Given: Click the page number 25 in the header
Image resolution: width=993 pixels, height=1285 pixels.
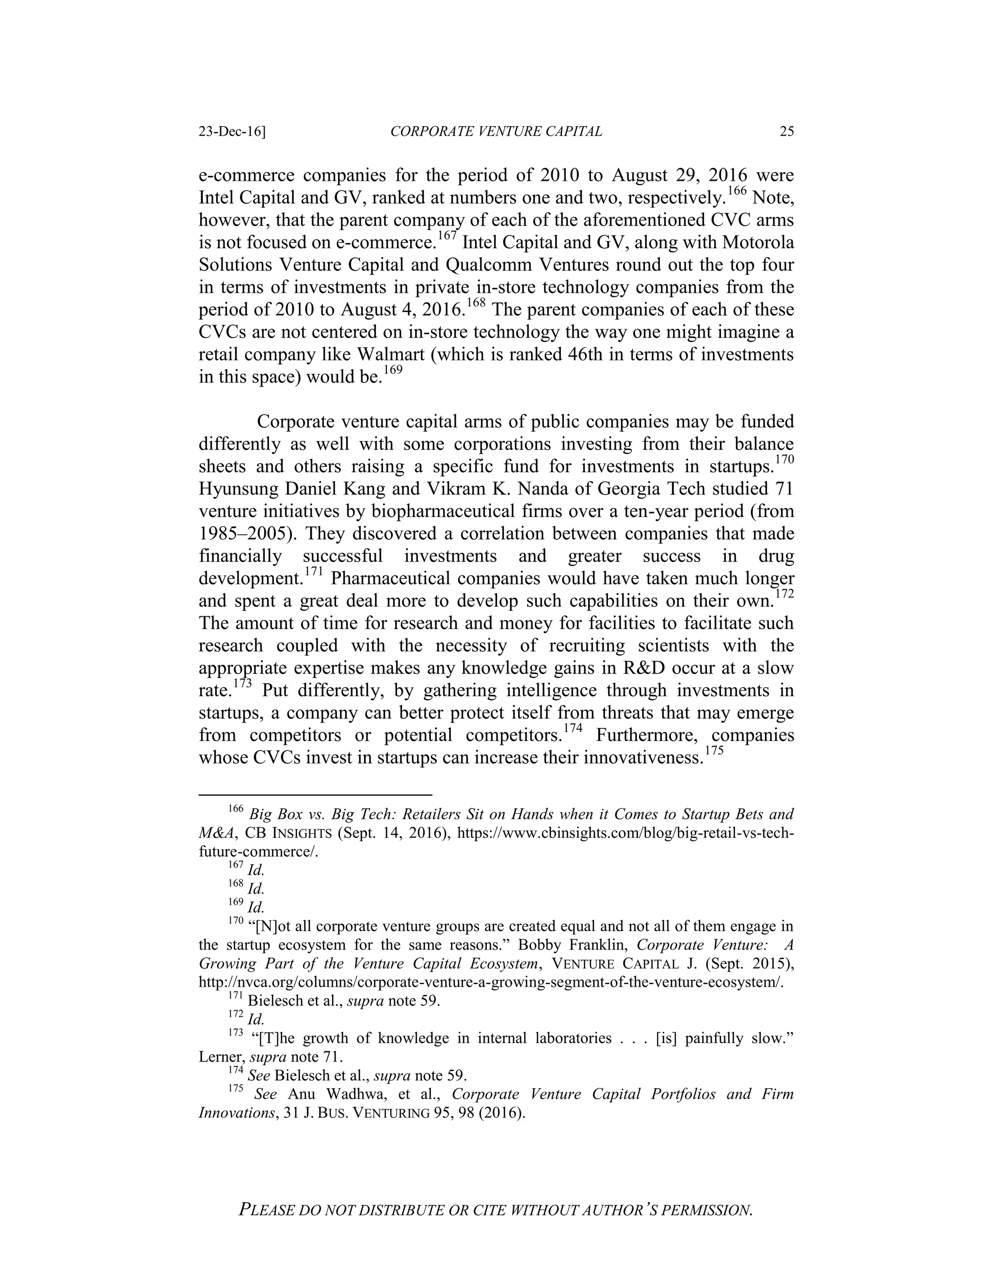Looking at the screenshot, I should tap(786, 132).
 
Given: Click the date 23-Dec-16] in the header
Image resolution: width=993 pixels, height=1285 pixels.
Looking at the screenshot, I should tap(232, 132).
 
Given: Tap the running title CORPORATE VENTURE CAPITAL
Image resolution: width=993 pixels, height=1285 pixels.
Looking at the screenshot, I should tap(496, 132).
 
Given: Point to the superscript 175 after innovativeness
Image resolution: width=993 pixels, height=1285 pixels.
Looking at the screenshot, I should tap(715, 750).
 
